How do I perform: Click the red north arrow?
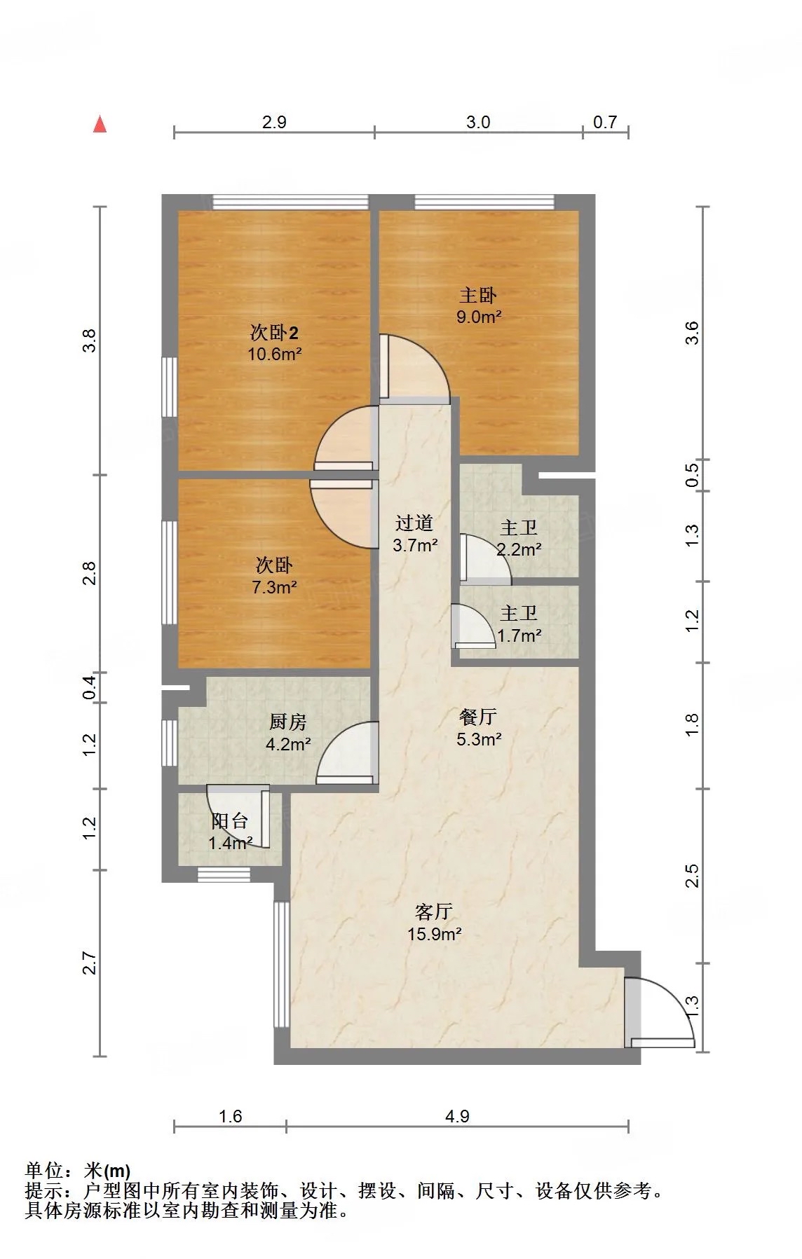[x=100, y=124]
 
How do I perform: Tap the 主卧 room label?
[x=478, y=296]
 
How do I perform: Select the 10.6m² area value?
[x=274, y=354]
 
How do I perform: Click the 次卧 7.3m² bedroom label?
[x=274, y=565]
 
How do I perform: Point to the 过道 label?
[x=414, y=523]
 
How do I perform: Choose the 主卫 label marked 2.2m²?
[x=519, y=528]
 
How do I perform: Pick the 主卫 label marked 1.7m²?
[x=519, y=614]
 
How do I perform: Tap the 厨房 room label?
[x=288, y=722]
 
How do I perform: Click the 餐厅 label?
[x=478, y=717]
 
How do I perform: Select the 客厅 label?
[x=433, y=911]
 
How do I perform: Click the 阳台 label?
[x=230, y=820]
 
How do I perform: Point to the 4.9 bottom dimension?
[x=457, y=1116]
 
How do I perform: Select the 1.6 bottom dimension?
[x=230, y=1116]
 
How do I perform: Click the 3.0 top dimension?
[x=478, y=122]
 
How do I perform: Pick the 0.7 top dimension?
[x=605, y=122]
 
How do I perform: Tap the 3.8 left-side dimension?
[x=89, y=340]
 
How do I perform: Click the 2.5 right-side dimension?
[x=692, y=876]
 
